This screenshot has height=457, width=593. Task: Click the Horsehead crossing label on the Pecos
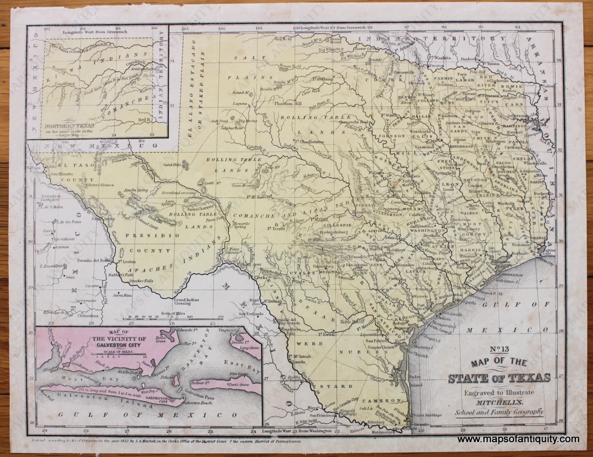pyautogui.click(x=179, y=193)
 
